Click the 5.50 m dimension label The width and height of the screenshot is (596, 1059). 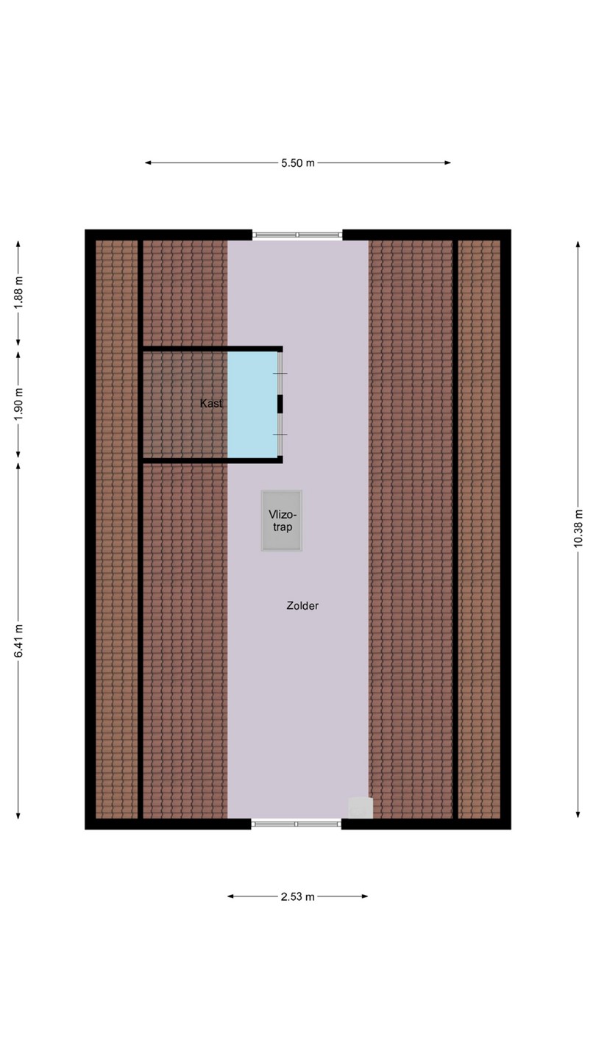[297, 163]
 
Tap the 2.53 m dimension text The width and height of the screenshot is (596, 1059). [297, 897]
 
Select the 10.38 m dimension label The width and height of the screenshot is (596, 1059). [578, 528]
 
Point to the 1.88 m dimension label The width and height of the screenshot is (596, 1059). [18, 293]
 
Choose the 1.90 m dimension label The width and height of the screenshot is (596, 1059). [18, 404]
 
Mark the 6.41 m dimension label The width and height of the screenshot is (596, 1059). [18, 641]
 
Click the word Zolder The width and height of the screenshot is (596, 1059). [302, 606]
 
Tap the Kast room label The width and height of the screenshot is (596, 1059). [211, 404]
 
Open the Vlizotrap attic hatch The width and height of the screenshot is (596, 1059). [282, 521]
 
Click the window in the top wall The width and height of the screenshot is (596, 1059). [297, 235]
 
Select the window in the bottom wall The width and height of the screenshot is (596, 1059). [296, 824]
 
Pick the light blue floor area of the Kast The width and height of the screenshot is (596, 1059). [252, 404]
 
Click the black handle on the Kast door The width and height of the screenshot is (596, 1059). [280, 404]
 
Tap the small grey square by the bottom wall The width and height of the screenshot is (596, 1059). [361, 808]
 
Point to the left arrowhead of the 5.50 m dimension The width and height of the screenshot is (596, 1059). [148, 163]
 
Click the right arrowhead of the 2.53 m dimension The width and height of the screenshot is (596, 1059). [365, 896]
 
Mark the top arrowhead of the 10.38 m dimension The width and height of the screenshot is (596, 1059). [578, 244]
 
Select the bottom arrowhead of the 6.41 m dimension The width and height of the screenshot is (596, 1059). [18, 816]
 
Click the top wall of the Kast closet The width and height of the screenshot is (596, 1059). [211, 349]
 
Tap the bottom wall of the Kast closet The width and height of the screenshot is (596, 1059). [211, 460]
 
